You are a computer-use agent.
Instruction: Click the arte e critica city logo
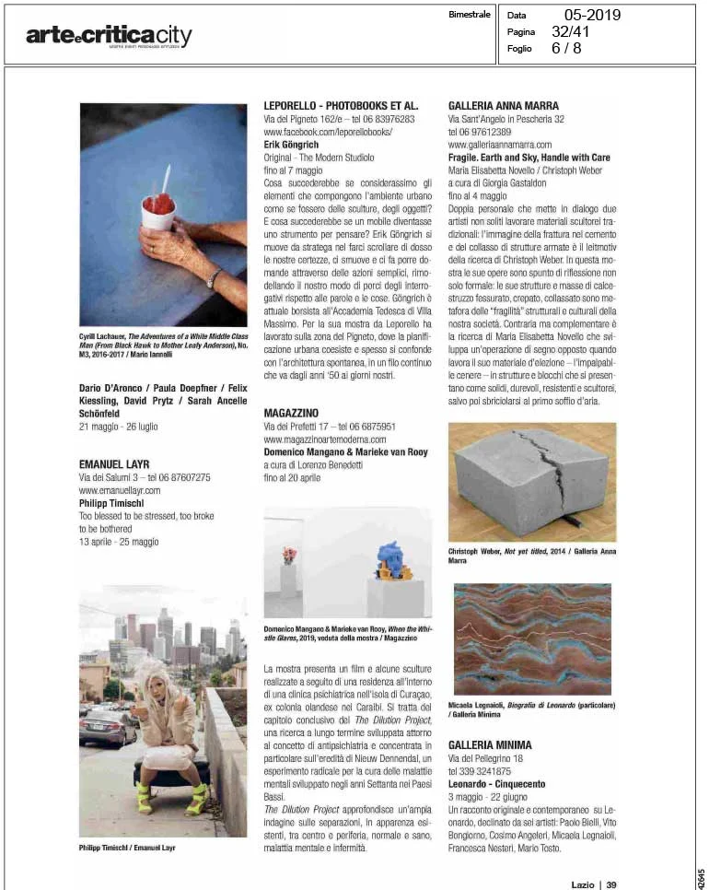tap(109, 36)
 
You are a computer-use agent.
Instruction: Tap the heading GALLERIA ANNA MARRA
tap(504, 106)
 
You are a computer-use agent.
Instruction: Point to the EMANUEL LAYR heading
tap(114, 464)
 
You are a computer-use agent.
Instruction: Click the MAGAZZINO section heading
tap(293, 414)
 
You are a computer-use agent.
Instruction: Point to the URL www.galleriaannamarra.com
tap(499, 145)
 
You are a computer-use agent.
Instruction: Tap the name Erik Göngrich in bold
tap(294, 146)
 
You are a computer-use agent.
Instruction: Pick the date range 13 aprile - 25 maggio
tap(119, 542)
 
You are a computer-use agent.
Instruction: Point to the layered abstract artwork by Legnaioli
tap(532, 638)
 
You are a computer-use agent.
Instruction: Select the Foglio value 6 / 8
tap(566, 48)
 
